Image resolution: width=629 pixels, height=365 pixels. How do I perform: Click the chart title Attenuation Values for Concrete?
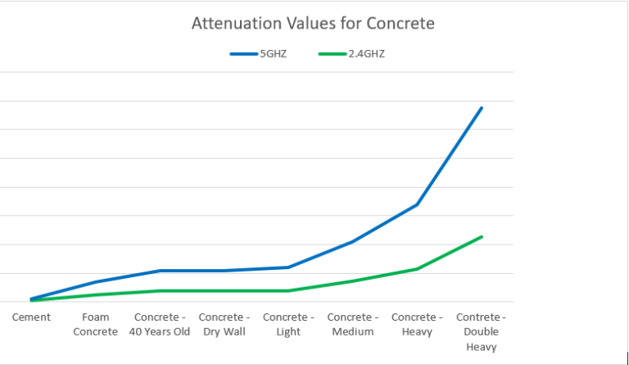(313, 23)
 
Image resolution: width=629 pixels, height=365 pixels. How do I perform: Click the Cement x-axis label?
(31, 317)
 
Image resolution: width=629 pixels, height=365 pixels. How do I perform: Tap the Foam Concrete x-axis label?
(95, 325)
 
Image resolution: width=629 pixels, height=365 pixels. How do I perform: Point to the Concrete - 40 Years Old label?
(160, 325)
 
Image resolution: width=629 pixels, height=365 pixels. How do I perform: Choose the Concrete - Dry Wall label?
(224, 325)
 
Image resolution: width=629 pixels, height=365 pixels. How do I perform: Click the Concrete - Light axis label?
(288, 325)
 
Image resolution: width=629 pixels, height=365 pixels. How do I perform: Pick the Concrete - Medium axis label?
(353, 325)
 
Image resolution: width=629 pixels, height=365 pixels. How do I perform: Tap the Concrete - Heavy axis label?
(417, 325)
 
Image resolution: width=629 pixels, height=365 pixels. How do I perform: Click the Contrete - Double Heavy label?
(481, 331)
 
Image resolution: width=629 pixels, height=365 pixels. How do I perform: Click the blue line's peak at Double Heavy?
(482, 107)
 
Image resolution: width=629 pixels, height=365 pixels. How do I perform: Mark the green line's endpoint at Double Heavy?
(482, 236)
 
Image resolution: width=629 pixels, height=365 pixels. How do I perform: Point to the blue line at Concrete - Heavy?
(418, 204)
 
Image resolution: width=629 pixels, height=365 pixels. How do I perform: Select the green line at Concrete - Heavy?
(418, 269)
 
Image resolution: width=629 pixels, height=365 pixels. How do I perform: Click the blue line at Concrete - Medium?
(353, 242)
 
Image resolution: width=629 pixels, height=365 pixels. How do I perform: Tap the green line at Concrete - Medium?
(353, 281)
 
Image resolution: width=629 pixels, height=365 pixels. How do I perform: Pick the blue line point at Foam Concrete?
(96, 281)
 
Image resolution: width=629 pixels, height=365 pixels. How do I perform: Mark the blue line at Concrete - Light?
(288, 267)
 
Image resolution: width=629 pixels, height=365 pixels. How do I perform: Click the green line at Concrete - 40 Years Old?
(160, 290)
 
